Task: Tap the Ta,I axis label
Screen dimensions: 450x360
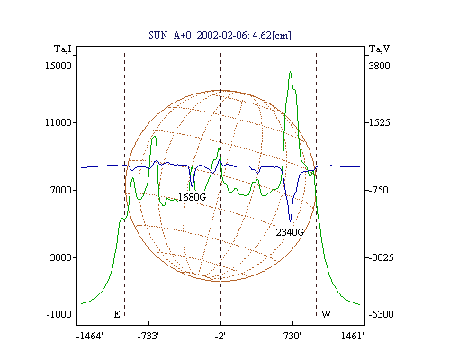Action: point(63,49)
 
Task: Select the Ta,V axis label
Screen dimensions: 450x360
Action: point(380,49)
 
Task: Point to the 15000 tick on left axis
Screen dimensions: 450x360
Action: point(58,66)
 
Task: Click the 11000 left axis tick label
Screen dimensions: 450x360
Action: point(58,122)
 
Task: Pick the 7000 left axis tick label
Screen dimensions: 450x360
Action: point(61,190)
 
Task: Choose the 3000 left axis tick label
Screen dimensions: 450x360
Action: point(61,257)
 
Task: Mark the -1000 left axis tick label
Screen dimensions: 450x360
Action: point(59,314)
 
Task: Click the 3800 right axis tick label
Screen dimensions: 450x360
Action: point(380,66)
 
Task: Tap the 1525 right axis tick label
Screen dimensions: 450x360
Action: point(380,122)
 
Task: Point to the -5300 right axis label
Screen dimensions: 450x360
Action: point(382,314)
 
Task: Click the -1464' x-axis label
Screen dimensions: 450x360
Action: point(90,336)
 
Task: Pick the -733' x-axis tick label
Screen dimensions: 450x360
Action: point(148,336)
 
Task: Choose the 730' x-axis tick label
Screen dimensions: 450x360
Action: point(292,336)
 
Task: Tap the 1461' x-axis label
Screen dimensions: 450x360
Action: point(353,336)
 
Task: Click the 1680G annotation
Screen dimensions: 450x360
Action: point(193,197)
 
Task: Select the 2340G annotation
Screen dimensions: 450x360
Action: point(290,232)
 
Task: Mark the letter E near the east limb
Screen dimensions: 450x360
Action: point(117,314)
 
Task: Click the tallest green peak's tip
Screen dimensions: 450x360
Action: point(290,72)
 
